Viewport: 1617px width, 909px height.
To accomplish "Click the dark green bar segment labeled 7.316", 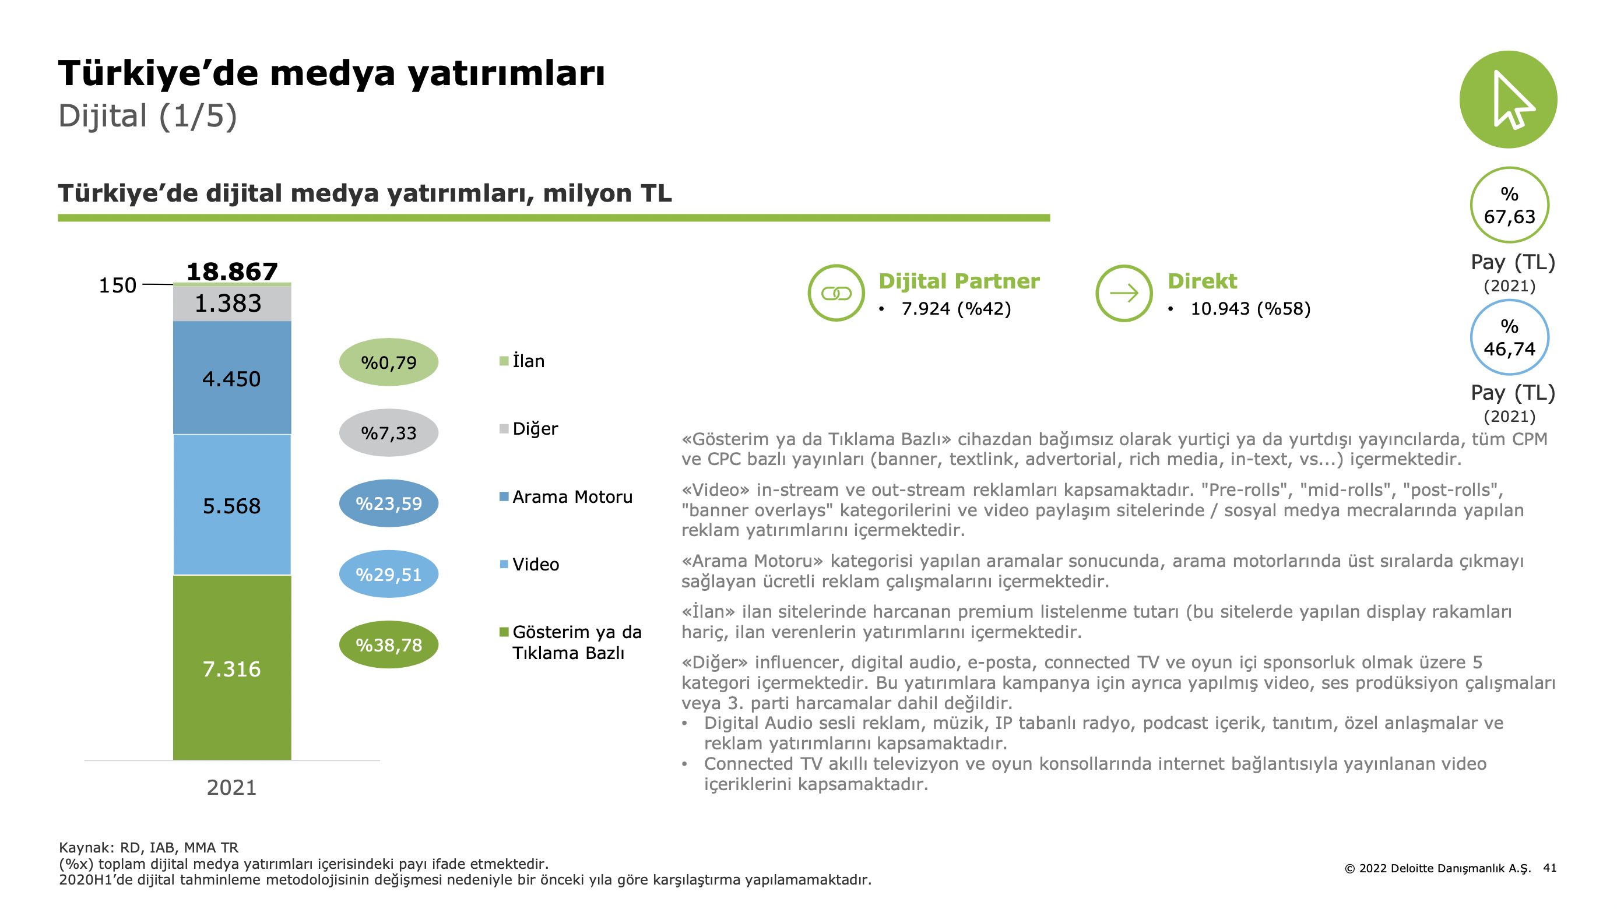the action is [231, 668].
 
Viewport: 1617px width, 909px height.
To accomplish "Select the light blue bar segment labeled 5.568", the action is [231, 505].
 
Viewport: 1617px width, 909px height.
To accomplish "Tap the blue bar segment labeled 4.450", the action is [231, 378].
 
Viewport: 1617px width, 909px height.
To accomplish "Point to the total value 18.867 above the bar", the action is [231, 272].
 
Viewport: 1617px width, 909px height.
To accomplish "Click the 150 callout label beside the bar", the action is [117, 286].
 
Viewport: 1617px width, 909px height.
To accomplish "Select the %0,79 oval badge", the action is [389, 362].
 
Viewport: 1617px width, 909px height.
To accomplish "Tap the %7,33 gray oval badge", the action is [389, 433].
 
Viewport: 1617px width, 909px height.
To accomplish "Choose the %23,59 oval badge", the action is [389, 503].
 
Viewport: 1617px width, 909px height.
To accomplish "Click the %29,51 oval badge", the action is [389, 574].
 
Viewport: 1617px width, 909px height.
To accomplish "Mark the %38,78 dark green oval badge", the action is [389, 644].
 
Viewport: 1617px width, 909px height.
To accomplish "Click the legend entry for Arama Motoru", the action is [566, 497].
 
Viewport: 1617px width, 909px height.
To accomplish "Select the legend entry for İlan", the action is [522, 361].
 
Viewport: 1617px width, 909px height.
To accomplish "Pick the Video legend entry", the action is [529, 565].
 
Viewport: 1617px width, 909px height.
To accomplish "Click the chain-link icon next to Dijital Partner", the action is [836, 294].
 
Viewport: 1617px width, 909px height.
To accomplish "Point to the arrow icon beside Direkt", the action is [1124, 293].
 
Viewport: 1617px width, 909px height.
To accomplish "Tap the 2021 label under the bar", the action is [231, 787].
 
